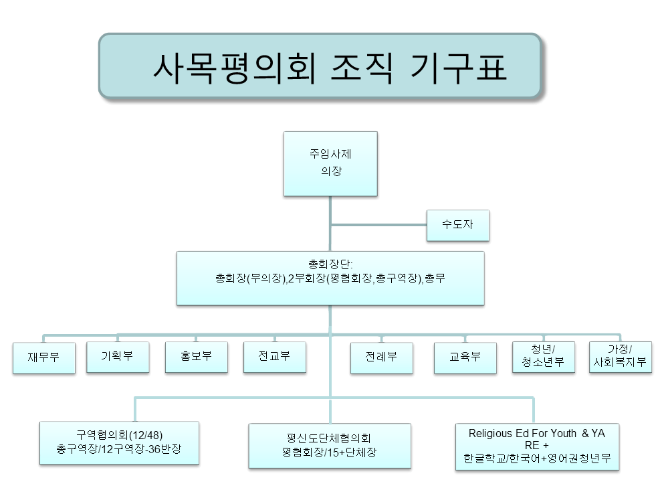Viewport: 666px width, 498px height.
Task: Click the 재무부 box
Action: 43,357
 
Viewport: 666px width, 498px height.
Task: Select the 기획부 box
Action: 116,357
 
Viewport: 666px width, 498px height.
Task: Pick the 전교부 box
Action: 274,357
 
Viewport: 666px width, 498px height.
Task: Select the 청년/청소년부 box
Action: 543,357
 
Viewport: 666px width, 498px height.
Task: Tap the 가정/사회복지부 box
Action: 620,357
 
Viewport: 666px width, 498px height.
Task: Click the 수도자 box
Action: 457,225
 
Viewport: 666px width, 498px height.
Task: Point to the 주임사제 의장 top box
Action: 330,163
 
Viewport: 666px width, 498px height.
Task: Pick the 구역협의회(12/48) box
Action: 119,442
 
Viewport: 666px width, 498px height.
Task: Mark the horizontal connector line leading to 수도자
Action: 378,225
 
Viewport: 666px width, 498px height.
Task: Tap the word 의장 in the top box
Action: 330,171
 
